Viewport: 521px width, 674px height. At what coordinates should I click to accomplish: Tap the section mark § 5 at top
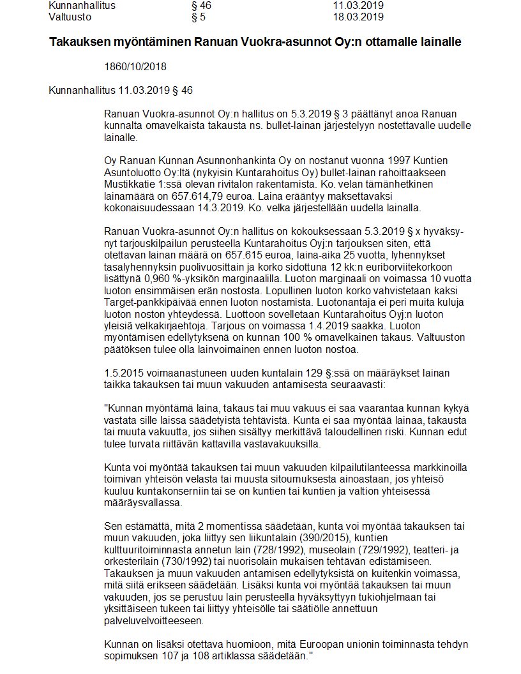click(198, 17)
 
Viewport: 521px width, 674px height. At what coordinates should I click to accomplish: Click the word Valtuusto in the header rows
click(70, 17)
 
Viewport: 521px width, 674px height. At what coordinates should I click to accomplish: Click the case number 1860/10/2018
click(135, 66)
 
